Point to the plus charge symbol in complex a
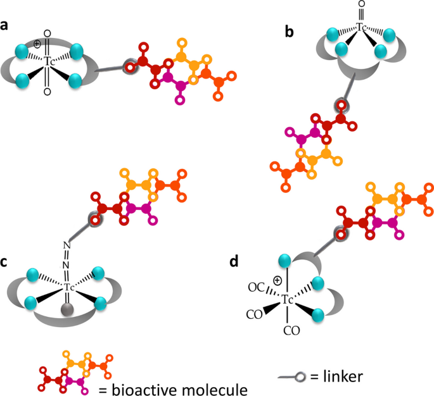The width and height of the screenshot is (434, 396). coord(37,44)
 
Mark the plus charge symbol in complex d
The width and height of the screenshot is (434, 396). coord(277,280)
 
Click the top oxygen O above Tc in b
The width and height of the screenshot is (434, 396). coord(362,5)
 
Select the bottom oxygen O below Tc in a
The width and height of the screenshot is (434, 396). coord(48,92)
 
